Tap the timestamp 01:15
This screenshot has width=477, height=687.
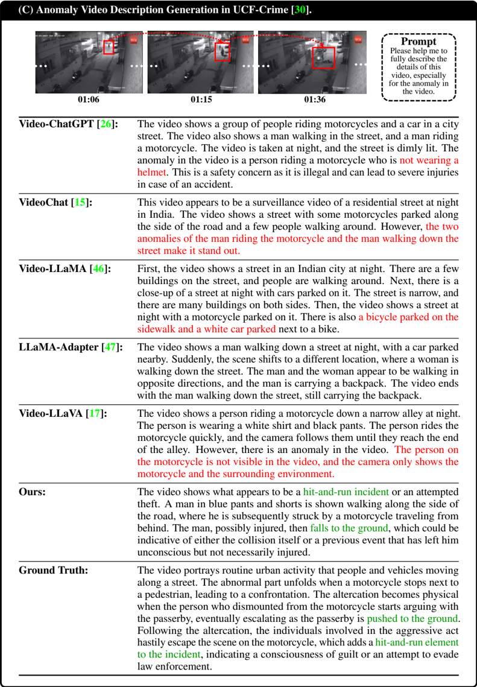201,99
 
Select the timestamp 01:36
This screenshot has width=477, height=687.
314,99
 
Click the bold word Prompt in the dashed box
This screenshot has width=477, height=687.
419,42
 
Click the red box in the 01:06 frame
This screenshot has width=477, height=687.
109,47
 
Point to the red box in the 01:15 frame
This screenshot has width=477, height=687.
223,51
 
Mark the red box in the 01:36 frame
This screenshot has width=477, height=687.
323,58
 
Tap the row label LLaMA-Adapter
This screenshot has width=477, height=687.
59,347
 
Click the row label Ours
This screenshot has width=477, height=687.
33,492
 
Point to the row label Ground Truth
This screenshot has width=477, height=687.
53,570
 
